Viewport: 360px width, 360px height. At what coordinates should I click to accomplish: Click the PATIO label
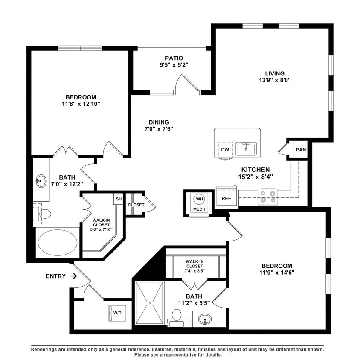tap(174, 58)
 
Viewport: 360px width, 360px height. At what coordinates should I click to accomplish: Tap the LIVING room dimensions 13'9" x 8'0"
tap(275, 80)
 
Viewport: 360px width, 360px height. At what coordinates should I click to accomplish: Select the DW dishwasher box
tap(225, 150)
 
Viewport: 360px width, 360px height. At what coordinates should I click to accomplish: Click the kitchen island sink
tap(247, 148)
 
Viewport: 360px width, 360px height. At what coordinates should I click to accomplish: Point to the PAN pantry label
tap(301, 150)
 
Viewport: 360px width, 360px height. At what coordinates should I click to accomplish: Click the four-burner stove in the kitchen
tap(268, 196)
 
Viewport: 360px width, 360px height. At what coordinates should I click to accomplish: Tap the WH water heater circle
tap(199, 199)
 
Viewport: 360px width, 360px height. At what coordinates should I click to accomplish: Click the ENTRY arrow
tap(73, 276)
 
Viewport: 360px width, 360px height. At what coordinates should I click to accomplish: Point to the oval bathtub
tap(58, 242)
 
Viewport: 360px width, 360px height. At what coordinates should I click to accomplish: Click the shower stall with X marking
tap(149, 303)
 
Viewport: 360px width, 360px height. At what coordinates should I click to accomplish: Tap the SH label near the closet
tap(118, 199)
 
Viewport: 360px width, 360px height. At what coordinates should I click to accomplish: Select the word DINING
tap(159, 122)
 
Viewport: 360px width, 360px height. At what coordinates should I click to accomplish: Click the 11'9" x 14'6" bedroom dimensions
tap(277, 273)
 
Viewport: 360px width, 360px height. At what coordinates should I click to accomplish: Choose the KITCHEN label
tap(255, 169)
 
